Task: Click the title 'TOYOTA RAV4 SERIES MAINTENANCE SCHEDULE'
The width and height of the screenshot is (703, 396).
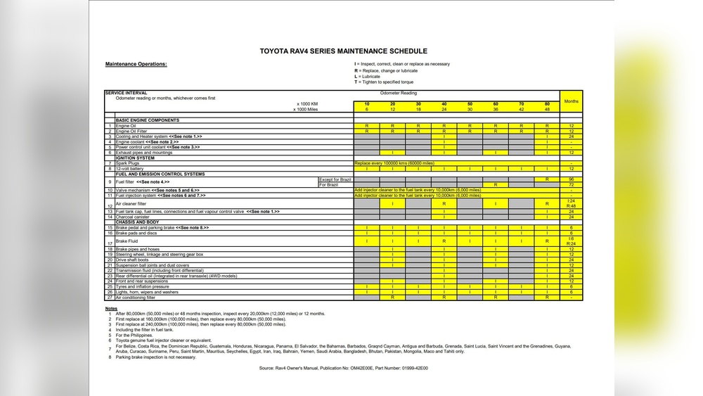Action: click(x=343, y=51)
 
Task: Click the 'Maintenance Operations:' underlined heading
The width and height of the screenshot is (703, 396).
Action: click(x=136, y=64)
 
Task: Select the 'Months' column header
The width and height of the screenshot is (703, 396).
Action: click(x=572, y=101)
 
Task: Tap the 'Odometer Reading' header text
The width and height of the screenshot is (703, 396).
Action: click(x=398, y=93)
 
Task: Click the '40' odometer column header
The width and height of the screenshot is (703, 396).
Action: click(x=444, y=104)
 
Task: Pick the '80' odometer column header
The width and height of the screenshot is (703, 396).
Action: click(x=546, y=104)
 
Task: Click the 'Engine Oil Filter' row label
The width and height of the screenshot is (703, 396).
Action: click(x=133, y=131)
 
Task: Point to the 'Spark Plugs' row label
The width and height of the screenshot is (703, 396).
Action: click(x=128, y=163)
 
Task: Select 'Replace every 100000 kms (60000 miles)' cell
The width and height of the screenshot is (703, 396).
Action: click(x=394, y=163)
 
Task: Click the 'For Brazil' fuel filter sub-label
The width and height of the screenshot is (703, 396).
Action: click(x=328, y=185)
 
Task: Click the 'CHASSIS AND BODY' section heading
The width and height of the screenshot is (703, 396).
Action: click(x=137, y=222)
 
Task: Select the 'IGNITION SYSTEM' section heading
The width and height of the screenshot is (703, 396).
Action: click(x=135, y=158)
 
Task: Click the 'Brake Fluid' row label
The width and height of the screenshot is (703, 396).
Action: click(x=127, y=241)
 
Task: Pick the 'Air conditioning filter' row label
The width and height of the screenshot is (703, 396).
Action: click(x=135, y=298)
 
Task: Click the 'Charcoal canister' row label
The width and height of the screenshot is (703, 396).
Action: click(x=132, y=217)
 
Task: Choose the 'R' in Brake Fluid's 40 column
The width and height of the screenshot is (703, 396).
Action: click(x=444, y=241)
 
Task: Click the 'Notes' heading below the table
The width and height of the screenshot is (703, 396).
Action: click(x=111, y=308)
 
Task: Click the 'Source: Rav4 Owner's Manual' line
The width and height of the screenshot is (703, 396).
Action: click(x=343, y=368)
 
